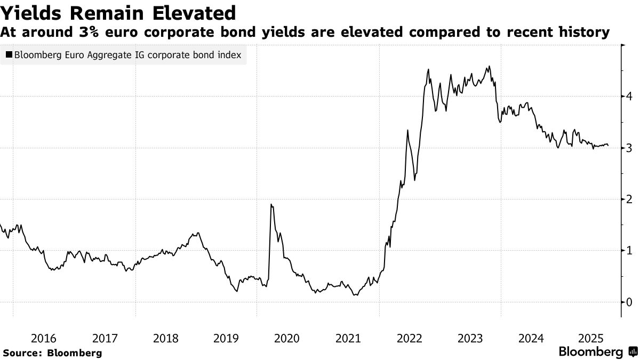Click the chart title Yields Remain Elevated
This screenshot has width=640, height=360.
click(x=118, y=12)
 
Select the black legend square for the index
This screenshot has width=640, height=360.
click(x=9, y=55)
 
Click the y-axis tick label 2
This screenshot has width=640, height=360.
click(x=630, y=199)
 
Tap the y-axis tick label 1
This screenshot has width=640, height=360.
click(x=630, y=251)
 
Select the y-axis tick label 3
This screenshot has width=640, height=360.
click(x=630, y=148)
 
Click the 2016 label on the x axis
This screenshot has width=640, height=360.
click(x=44, y=338)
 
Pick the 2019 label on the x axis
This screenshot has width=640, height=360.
click(x=226, y=338)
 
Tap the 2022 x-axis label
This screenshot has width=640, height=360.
click(x=409, y=338)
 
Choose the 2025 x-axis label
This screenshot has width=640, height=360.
click(x=591, y=338)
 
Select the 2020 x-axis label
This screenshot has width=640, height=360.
click(x=287, y=338)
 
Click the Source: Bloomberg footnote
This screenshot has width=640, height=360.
click(x=52, y=353)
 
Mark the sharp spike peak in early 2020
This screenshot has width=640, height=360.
click(x=271, y=204)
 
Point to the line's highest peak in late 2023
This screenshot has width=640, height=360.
click(x=489, y=67)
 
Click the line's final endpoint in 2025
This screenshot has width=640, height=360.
click(x=608, y=146)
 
